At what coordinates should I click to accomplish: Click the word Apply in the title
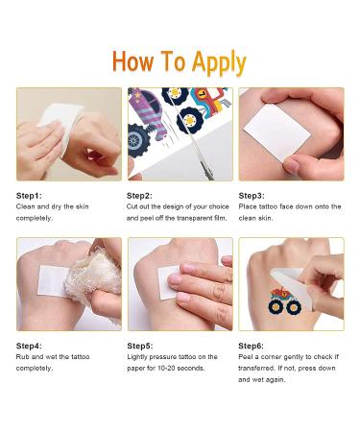click(219, 62)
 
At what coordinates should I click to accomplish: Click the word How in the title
click(132, 61)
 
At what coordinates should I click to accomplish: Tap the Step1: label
click(29, 196)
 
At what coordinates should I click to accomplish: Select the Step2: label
click(139, 196)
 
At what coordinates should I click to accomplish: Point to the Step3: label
click(252, 196)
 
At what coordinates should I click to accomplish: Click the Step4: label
click(29, 346)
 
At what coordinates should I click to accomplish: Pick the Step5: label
click(140, 346)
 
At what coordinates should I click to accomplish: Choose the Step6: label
click(252, 346)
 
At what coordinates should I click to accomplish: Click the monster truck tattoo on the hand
click(284, 300)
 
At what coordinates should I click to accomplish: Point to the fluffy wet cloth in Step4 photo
click(92, 276)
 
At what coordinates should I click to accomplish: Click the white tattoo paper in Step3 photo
click(277, 132)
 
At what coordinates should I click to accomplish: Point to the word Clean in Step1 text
click(26, 206)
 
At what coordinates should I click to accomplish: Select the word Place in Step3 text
click(248, 206)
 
